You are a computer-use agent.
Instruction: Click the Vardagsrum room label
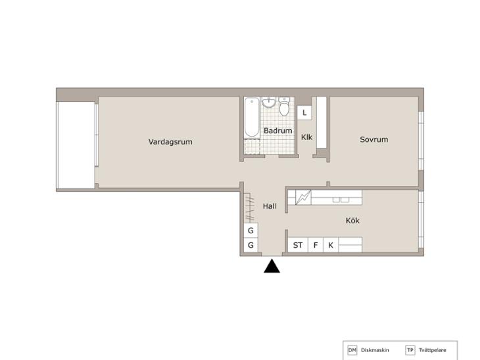pyautogui.click(x=170, y=142)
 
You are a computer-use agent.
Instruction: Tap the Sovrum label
pyautogui.click(x=373, y=139)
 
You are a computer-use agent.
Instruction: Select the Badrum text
pyautogui.click(x=277, y=131)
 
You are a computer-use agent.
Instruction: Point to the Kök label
pyautogui.click(x=352, y=221)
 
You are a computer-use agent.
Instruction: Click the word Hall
pyautogui.click(x=270, y=206)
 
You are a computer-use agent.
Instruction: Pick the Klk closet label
pyautogui.click(x=306, y=137)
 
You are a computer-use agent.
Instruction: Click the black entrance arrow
pyautogui.click(x=272, y=266)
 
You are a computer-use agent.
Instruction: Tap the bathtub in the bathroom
pyautogui.click(x=252, y=117)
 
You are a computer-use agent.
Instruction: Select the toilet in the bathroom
pyautogui.click(x=285, y=106)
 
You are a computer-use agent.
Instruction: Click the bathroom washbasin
pyautogui.click(x=269, y=102)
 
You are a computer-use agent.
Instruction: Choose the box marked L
pyautogui.click(x=304, y=112)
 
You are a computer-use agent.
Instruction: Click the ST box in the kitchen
pyautogui.click(x=298, y=245)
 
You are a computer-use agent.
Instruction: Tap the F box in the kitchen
pyautogui.click(x=316, y=245)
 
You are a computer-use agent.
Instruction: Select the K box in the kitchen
pyautogui.click(x=331, y=245)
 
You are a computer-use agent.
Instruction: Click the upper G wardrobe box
pyautogui.click(x=251, y=231)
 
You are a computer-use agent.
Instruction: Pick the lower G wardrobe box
pyautogui.click(x=251, y=245)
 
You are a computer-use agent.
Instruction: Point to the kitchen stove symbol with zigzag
pyautogui.click(x=303, y=198)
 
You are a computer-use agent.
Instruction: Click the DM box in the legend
pyautogui.click(x=352, y=350)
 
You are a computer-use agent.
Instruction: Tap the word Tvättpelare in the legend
pyautogui.click(x=432, y=350)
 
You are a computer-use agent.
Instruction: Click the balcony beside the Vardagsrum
pyautogui.click(x=76, y=145)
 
